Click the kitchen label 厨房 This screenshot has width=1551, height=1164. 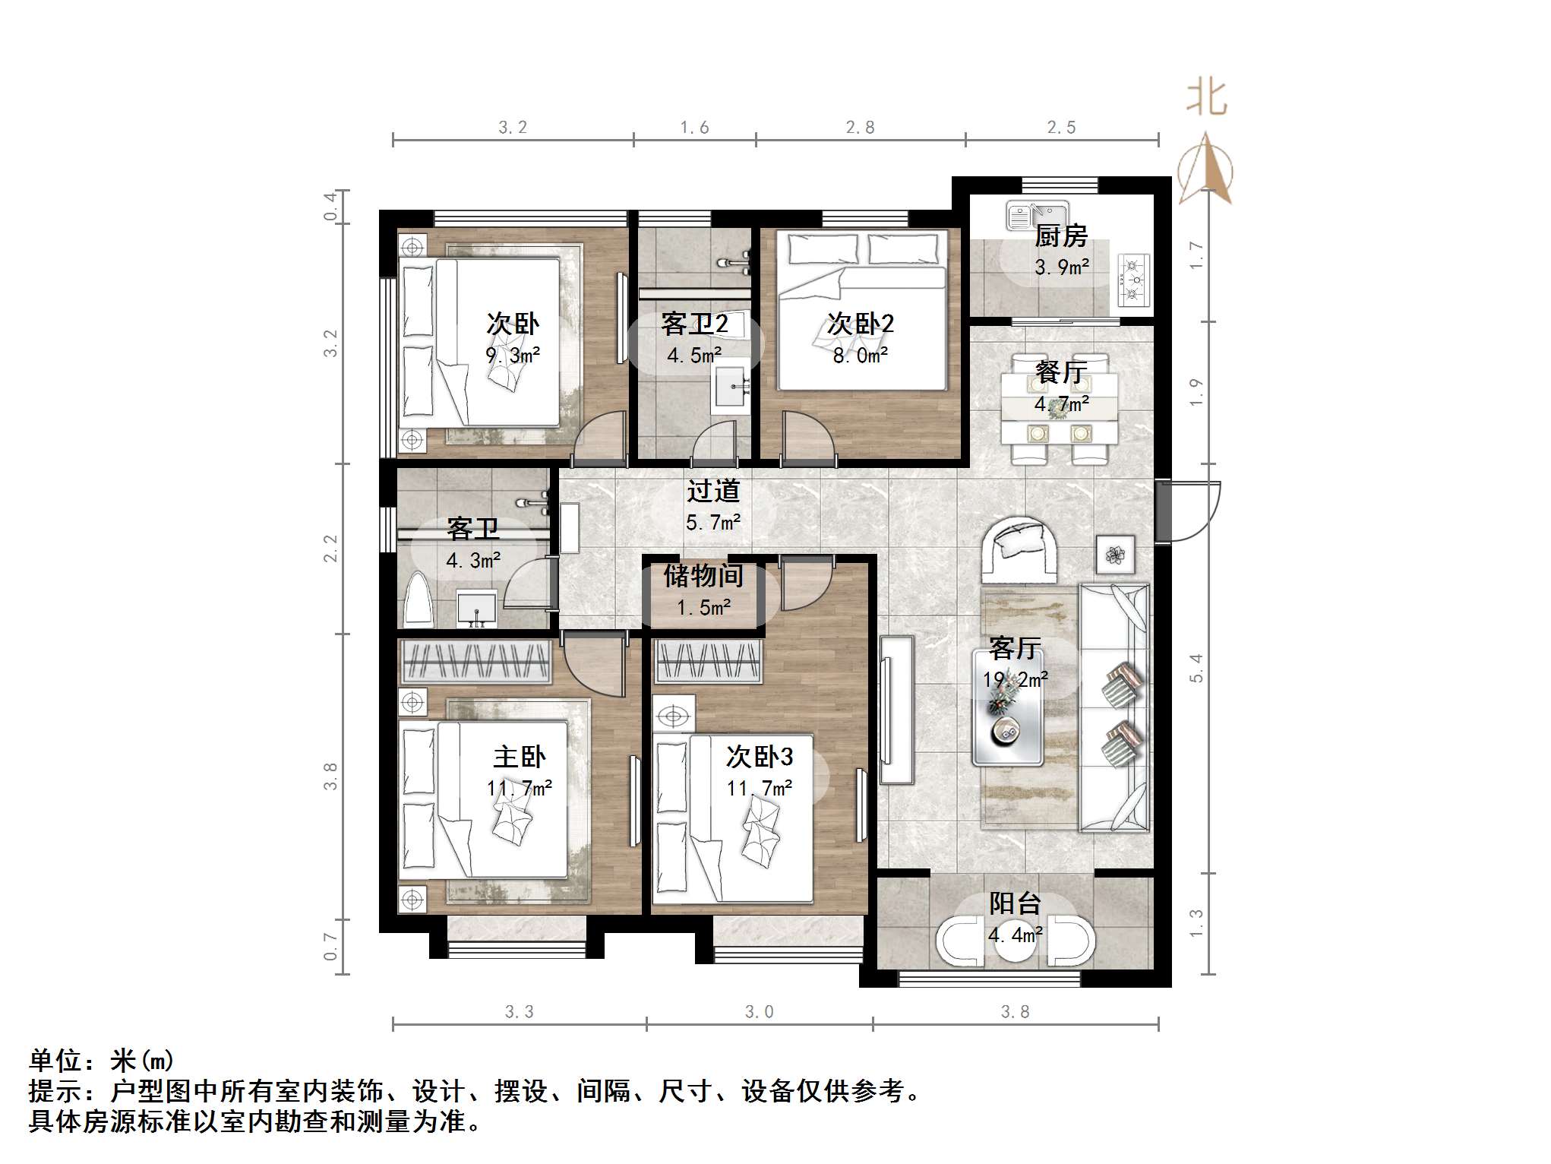coord(1060,236)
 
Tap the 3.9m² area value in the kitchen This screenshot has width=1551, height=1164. coord(1061,267)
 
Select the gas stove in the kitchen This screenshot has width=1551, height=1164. coord(1132,280)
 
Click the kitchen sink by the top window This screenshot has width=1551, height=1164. coord(1036,215)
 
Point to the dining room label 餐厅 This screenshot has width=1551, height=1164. coord(1060,372)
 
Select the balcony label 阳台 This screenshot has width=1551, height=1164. coord(1015,903)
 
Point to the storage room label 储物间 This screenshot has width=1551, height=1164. coord(703,575)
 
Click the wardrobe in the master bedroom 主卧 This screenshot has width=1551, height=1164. coord(475,660)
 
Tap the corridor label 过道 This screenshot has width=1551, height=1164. coord(712,491)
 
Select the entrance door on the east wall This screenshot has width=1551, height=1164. coord(1164,511)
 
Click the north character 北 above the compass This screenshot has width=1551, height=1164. coord(1206,99)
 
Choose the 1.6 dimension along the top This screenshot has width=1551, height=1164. coord(694,128)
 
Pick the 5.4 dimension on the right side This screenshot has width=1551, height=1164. coord(1196,669)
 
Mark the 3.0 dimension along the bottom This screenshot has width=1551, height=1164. coord(759,1012)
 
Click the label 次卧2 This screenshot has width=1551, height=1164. coord(860,324)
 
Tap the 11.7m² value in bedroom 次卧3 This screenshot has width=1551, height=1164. coord(759,789)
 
